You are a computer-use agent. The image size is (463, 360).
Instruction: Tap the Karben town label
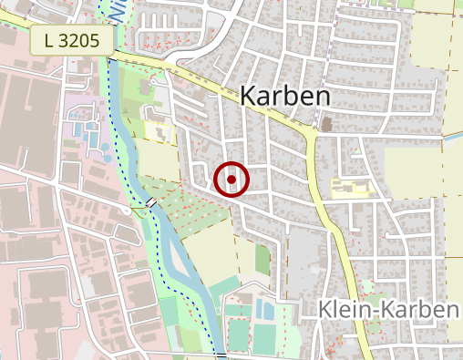coord(284,97)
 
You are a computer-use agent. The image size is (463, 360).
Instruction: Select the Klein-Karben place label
coord(387,311)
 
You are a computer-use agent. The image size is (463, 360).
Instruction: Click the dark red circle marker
coord(231,180)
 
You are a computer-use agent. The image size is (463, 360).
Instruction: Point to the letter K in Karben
coord(251,97)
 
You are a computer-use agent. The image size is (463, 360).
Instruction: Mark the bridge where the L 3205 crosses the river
coord(111,58)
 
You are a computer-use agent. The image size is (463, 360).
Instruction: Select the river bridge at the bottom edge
coord(221,354)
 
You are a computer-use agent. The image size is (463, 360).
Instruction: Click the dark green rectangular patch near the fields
coord(262,260)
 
